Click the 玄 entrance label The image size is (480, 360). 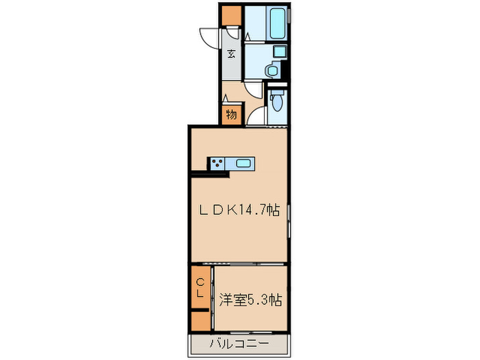(232, 54)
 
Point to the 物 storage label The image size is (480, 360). (232, 115)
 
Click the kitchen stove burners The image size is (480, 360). (218, 163)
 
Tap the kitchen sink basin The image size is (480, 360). (244, 163)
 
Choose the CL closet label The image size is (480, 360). (202, 288)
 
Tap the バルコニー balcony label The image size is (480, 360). (239, 343)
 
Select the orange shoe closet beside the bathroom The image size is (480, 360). (231, 14)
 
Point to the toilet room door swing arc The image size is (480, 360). (256, 117)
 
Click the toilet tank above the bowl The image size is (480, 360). (277, 93)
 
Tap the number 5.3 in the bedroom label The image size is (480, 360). (261, 300)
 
